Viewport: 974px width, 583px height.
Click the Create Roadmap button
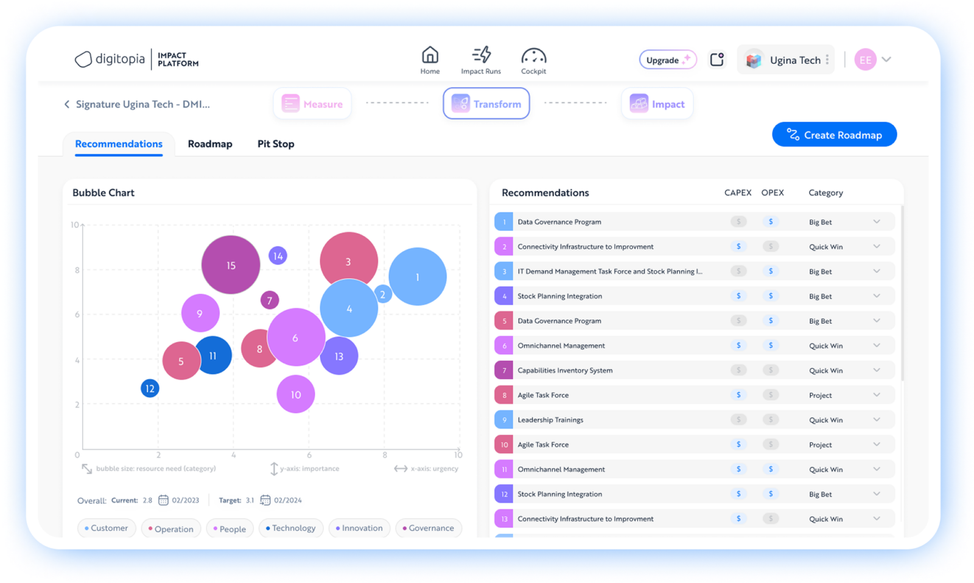point(834,134)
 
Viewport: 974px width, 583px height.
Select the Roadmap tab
point(210,144)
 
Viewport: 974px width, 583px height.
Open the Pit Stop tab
point(275,144)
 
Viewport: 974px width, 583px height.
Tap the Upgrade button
point(667,60)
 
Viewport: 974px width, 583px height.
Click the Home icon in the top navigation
point(430,56)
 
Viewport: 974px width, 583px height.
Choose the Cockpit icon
point(533,57)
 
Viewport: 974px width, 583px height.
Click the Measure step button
point(312,103)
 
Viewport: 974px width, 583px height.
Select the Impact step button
point(657,103)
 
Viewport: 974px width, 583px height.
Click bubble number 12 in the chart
point(150,388)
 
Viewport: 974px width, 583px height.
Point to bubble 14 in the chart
point(278,256)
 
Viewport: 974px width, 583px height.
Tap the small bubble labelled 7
point(270,300)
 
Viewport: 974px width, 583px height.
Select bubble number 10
point(295,394)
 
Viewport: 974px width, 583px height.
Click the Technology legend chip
point(290,528)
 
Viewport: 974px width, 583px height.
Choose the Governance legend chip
point(428,528)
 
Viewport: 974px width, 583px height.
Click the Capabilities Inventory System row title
point(565,370)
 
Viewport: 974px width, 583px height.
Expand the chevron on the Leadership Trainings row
point(876,419)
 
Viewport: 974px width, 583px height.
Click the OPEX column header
point(772,192)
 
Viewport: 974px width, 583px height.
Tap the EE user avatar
point(864,60)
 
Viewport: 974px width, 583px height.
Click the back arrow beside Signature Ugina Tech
point(67,104)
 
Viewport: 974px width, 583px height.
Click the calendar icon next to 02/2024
point(265,500)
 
